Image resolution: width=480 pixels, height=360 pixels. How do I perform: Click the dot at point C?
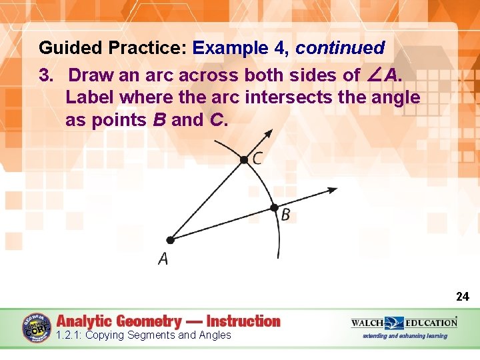pyautogui.click(x=245, y=159)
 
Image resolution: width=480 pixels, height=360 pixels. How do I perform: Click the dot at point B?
pyautogui.click(x=273, y=207)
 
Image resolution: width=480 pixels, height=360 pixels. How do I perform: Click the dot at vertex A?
pyautogui.click(x=170, y=240)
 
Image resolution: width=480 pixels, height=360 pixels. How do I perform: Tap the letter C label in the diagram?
pyautogui.click(x=257, y=159)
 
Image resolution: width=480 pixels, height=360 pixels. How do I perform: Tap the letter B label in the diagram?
pyautogui.click(x=285, y=215)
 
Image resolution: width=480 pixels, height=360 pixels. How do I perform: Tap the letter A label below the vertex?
pyautogui.click(x=163, y=259)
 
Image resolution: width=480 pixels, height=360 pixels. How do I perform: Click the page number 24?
pyautogui.click(x=463, y=297)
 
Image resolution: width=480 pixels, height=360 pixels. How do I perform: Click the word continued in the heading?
pyautogui.click(x=340, y=48)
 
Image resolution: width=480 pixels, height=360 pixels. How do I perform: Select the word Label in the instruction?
pyautogui.click(x=90, y=97)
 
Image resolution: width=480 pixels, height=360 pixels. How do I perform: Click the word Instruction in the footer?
pyautogui.click(x=243, y=321)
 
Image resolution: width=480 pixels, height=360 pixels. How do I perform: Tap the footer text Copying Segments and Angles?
pyautogui.click(x=158, y=335)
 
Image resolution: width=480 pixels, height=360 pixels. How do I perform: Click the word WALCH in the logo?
pyautogui.click(x=367, y=323)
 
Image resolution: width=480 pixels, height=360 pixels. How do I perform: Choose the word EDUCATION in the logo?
pyautogui.click(x=430, y=323)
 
